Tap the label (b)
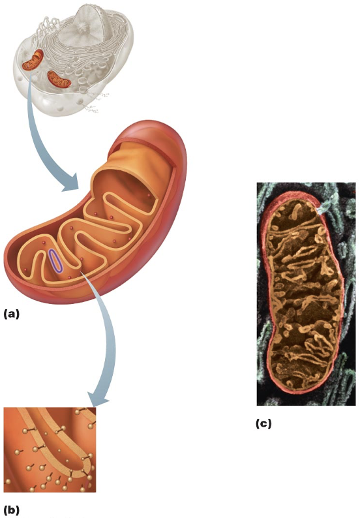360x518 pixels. pyautogui.click(x=12, y=510)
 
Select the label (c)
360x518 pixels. pyautogui.click(x=263, y=423)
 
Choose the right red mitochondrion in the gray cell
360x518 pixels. pyautogui.click(x=59, y=80)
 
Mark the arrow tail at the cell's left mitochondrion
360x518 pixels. pyautogui.click(x=31, y=75)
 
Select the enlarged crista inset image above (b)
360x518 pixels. pyautogui.click(x=50, y=449)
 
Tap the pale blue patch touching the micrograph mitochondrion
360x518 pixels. pyautogui.click(x=323, y=208)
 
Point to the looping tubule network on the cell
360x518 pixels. pyautogui.click(x=46, y=27)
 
